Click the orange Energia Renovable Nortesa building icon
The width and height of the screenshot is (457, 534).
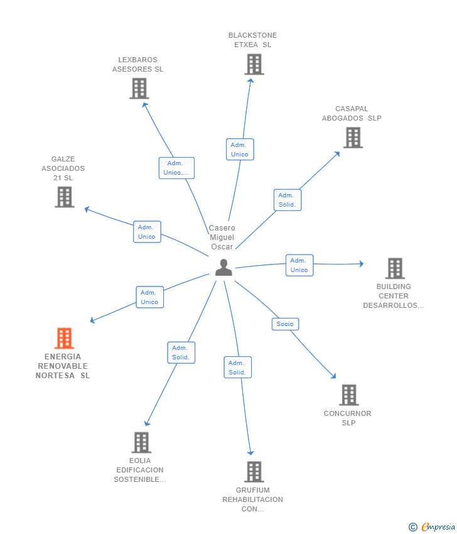(64, 338)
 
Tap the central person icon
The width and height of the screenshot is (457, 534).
(223, 268)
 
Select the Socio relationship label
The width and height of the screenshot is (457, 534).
(285, 324)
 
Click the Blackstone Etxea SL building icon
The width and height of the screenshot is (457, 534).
(254, 64)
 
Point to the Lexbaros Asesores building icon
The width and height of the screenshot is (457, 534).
(139, 89)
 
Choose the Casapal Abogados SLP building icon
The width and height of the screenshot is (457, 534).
(353, 138)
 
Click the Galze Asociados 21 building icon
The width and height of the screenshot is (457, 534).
(65, 197)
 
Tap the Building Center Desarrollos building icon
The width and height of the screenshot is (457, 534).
(395, 268)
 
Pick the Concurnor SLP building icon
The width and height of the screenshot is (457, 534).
(349, 395)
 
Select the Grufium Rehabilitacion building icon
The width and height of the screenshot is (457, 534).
(254, 472)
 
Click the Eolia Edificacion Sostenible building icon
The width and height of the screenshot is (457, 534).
(141, 442)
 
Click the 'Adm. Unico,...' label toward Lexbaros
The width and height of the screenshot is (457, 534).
(176, 168)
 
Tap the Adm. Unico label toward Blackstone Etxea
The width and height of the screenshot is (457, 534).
(240, 150)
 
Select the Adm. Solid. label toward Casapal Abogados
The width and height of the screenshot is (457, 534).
(288, 200)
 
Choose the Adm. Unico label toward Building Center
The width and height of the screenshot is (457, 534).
(299, 265)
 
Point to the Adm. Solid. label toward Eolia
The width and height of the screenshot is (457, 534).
(181, 352)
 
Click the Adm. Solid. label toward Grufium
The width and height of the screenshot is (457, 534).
(237, 368)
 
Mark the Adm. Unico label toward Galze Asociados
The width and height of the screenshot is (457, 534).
(147, 232)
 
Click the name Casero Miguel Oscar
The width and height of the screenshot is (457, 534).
(222, 237)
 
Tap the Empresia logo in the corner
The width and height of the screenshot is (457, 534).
(431, 527)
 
